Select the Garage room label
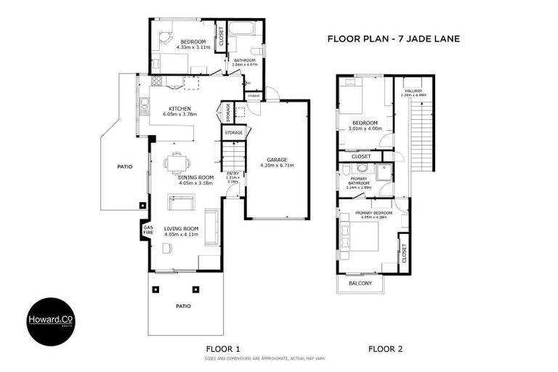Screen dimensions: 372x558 click(x=278, y=159)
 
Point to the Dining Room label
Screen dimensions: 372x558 click(x=195, y=177)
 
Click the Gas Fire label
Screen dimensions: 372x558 click(x=147, y=231)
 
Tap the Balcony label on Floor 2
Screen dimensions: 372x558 click(x=361, y=283)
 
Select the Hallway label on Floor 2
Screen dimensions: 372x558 click(x=413, y=91)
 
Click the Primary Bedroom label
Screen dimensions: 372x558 click(x=373, y=213)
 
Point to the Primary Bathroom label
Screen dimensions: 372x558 click(x=358, y=181)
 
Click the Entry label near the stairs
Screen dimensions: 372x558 click(x=232, y=173)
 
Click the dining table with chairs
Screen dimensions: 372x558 click(x=174, y=162)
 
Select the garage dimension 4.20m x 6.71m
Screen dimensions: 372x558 click(x=278, y=166)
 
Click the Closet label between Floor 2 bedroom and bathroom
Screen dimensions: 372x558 click(x=361, y=156)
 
